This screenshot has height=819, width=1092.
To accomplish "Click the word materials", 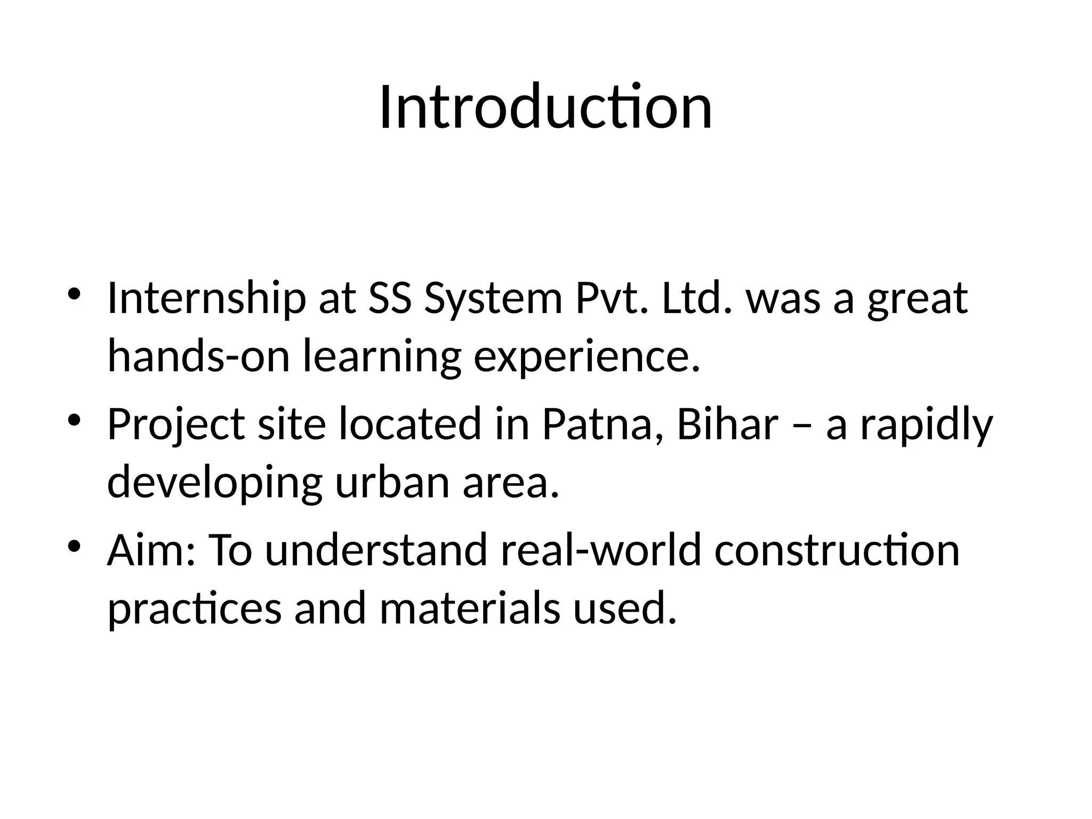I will [470, 608].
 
